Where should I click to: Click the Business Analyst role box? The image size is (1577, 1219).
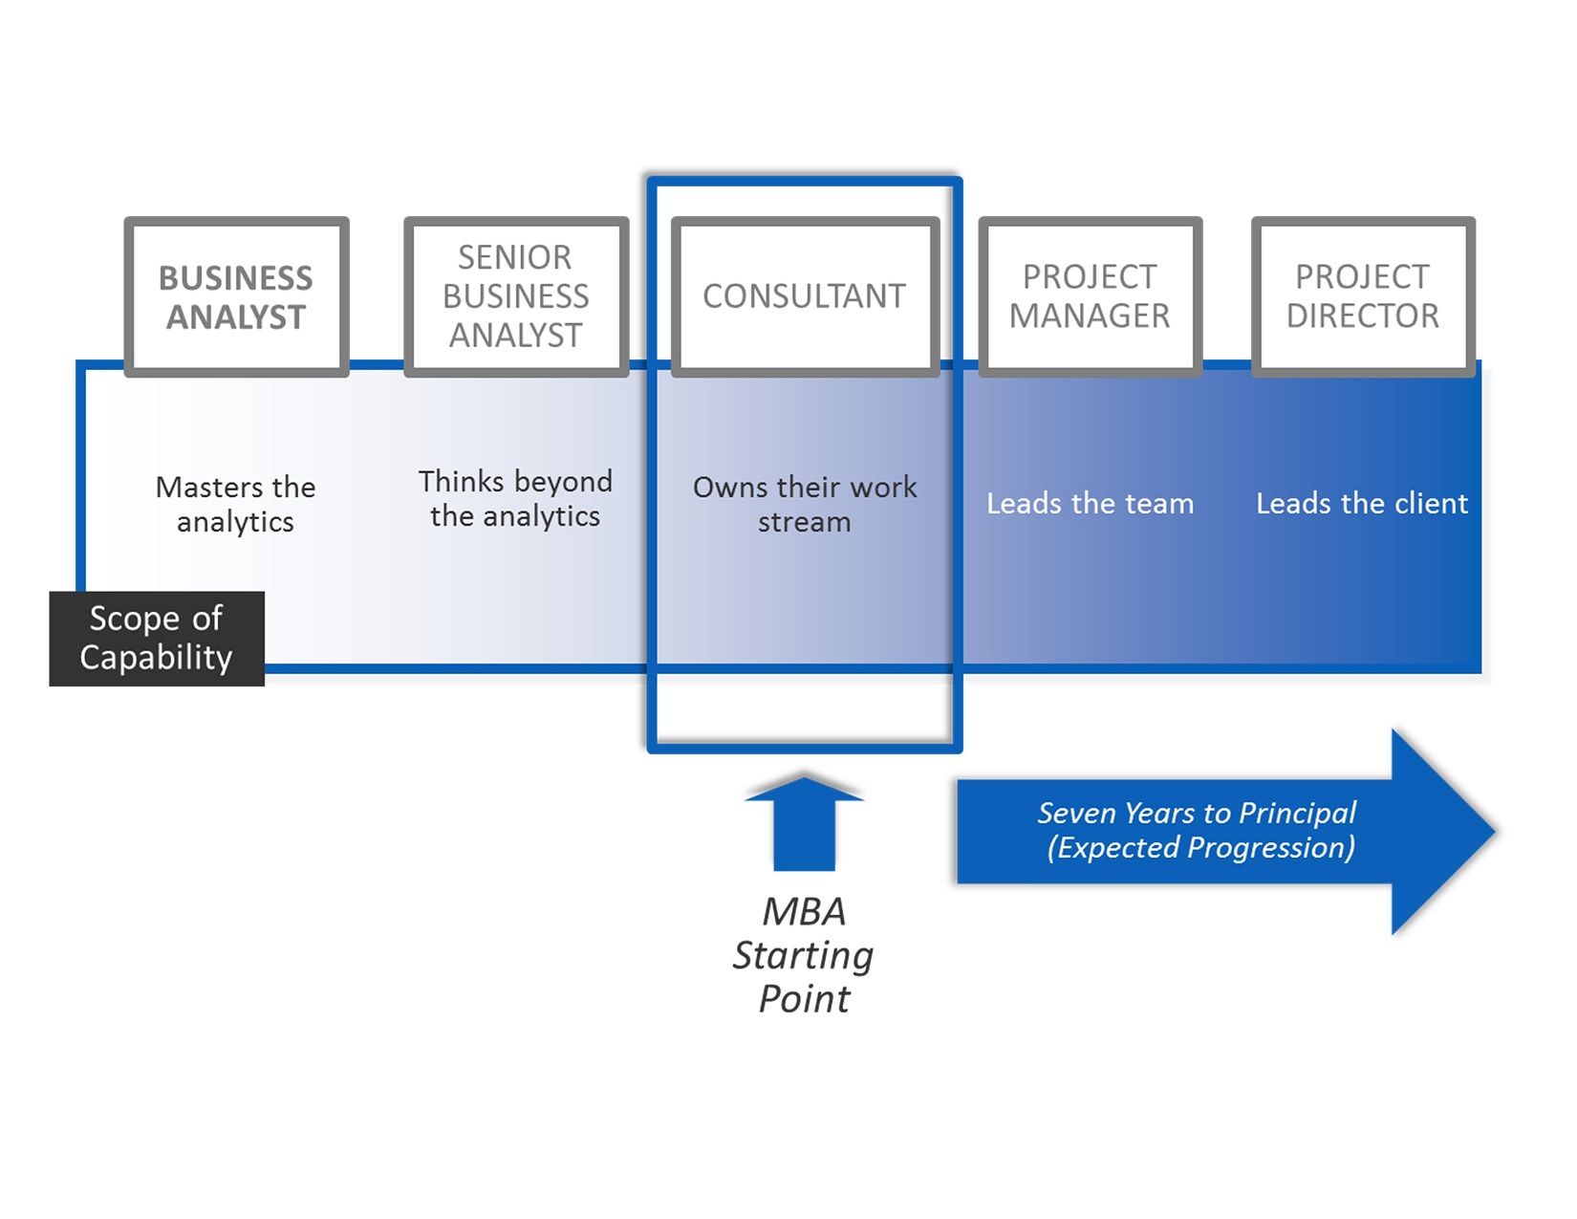coord(237,296)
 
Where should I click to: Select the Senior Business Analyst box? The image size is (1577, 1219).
coord(516,296)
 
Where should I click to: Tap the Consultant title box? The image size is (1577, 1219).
coord(805,296)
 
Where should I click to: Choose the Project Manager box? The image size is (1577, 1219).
coord(1090,296)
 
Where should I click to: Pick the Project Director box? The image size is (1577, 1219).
coord(1363,296)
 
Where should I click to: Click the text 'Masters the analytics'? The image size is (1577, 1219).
coord(236,505)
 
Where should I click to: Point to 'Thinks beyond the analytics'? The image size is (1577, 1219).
coord(515,499)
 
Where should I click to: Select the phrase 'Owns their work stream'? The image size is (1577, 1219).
coord(805,505)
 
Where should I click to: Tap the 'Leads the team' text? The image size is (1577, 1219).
coord(1090,503)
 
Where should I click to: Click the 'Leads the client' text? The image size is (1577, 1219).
coord(1362,503)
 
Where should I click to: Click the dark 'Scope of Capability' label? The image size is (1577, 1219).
coord(157,638)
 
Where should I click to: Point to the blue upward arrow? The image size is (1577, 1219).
coord(804,823)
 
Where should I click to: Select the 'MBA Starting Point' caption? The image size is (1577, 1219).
coord(804,955)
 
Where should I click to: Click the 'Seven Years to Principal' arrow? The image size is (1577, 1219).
coord(1225,831)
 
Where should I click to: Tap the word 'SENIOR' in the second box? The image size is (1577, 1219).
coord(514,257)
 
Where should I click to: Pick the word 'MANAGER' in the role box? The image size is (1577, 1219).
coord(1090,316)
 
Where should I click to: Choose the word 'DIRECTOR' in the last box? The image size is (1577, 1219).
coord(1363,316)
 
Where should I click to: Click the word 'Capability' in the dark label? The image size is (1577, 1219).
coord(156,658)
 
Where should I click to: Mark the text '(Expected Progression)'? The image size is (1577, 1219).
coord(1201,847)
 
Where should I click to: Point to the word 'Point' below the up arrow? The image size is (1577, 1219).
coord(804,999)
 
